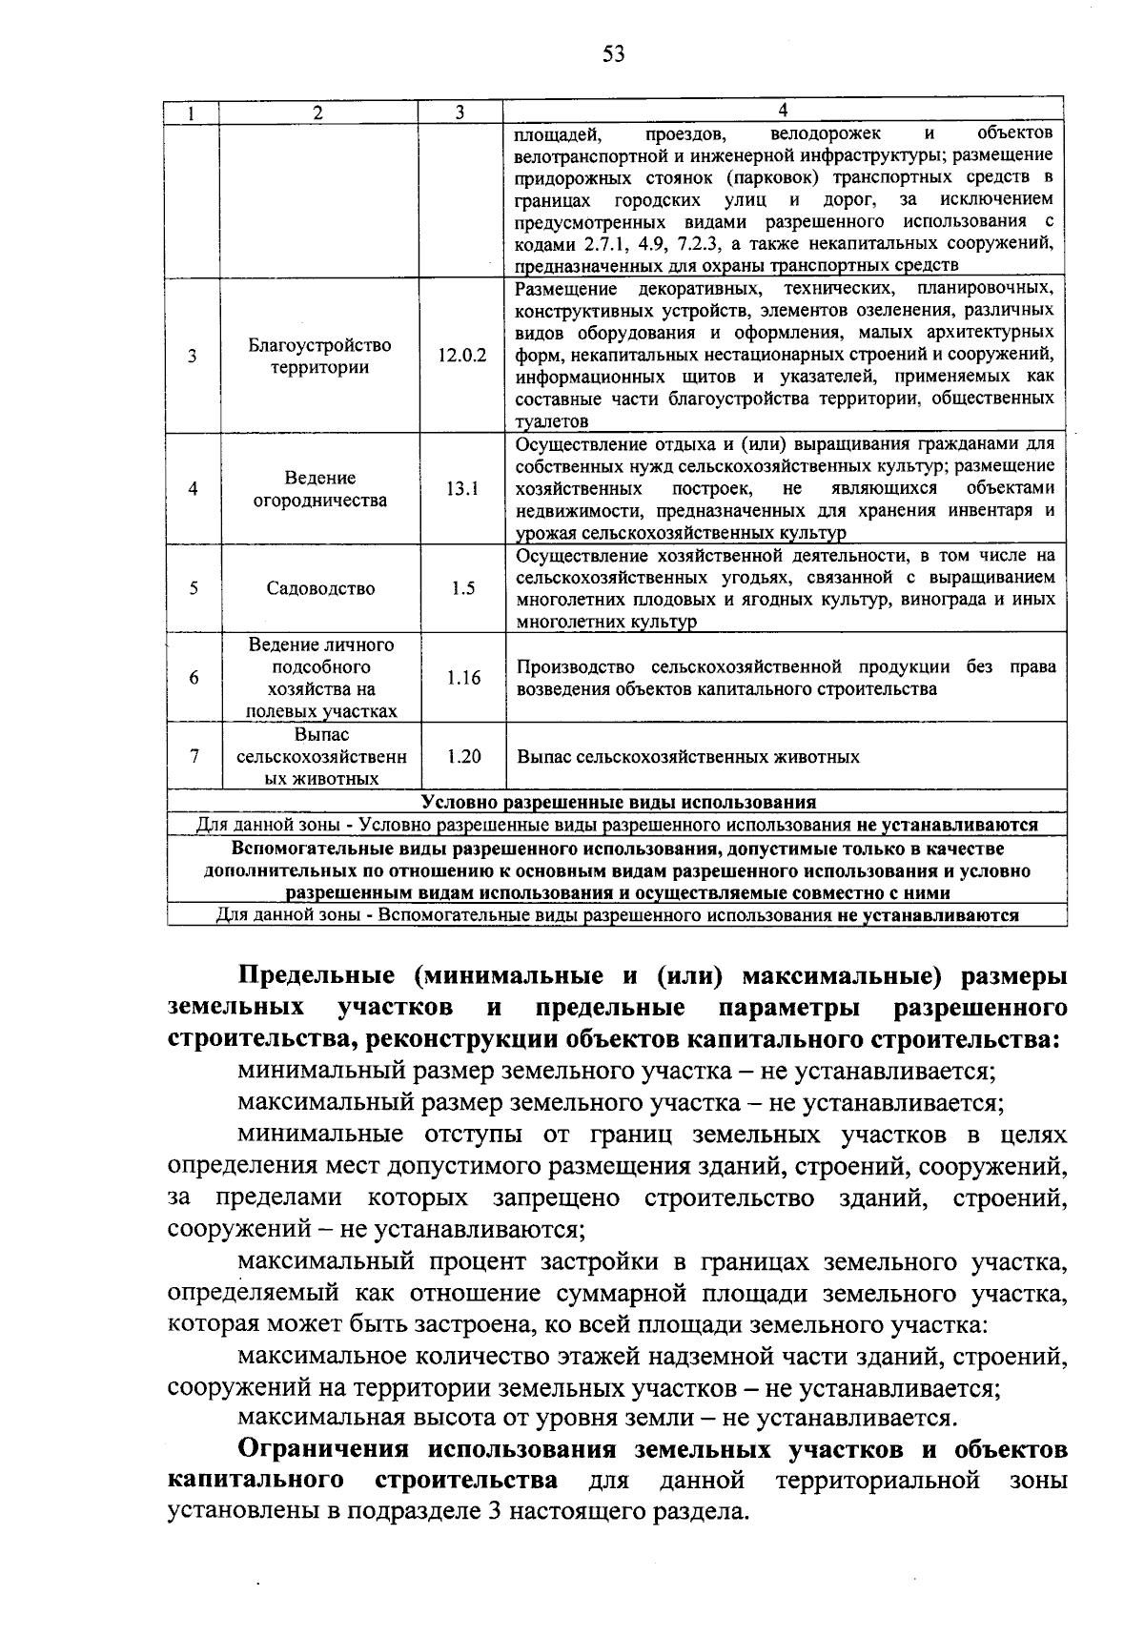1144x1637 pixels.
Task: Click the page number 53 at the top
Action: coord(613,53)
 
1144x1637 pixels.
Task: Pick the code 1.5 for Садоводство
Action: coord(462,588)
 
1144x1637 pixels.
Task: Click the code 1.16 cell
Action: coord(462,678)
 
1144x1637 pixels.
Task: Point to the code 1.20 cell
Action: coord(462,756)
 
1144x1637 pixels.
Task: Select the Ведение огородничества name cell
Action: coord(319,489)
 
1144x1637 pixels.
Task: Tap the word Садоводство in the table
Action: coord(320,588)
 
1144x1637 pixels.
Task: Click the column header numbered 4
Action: coord(783,111)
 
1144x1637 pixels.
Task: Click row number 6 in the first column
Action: coord(194,678)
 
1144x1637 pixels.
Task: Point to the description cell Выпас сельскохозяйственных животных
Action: coord(687,757)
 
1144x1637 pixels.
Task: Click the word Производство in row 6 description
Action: coord(578,666)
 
